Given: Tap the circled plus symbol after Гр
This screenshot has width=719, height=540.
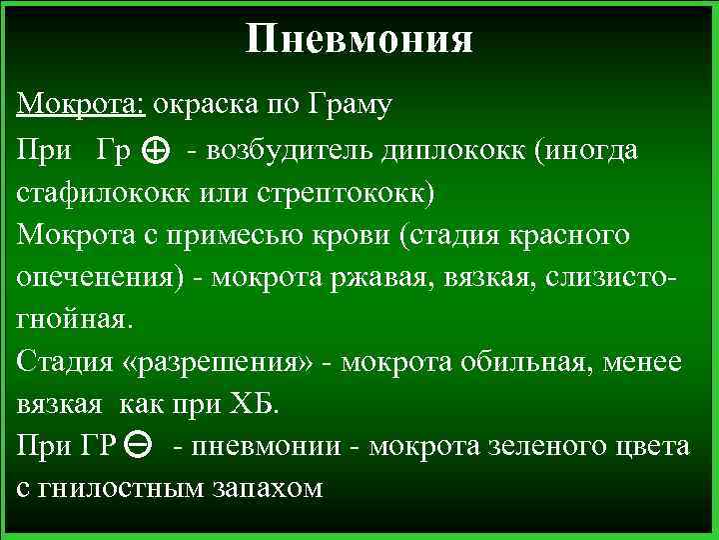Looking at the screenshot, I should tap(155, 151).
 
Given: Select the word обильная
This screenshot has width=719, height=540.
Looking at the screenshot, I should tap(522, 360).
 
